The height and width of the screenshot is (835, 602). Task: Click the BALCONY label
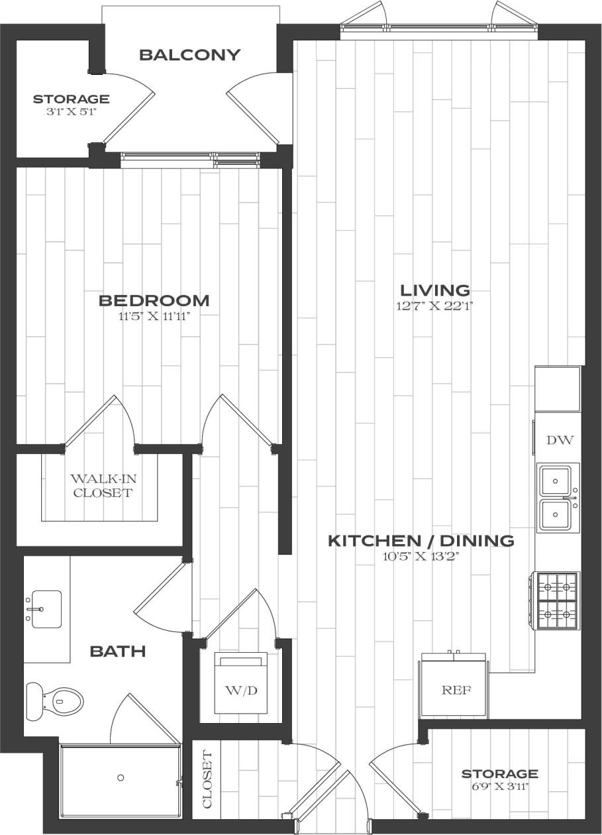(x=189, y=55)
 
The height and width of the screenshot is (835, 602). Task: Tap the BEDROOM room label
(x=154, y=301)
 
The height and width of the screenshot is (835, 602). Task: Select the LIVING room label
(x=435, y=290)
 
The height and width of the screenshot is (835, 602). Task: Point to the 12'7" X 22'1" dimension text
(x=435, y=306)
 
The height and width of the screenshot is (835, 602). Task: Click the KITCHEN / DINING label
(x=421, y=541)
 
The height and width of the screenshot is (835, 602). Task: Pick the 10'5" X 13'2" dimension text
(x=421, y=557)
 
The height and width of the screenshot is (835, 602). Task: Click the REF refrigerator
(x=456, y=690)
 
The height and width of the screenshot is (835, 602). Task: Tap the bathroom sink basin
(x=46, y=608)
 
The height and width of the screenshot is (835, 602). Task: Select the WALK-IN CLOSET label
(x=103, y=485)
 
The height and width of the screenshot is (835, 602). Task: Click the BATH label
(x=117, y=652)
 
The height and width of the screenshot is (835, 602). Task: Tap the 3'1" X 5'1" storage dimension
(x=71, y=113)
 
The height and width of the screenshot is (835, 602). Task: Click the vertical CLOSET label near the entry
(x=207, y=780)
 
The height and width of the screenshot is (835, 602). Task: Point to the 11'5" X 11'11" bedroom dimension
(x=154, y=316)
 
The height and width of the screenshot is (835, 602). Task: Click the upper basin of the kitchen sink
(x=555, y=480)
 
